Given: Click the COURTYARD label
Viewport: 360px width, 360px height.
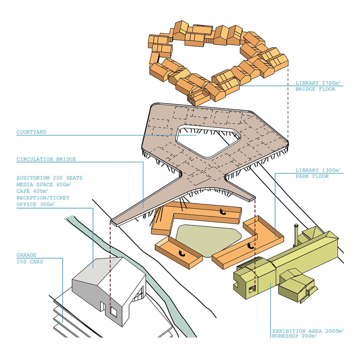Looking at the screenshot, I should [x=31, y=132].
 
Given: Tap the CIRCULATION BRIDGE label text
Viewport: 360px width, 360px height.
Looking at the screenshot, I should [x=46, y=159].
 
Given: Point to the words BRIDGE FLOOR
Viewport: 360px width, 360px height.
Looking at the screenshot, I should [x=315, y=89].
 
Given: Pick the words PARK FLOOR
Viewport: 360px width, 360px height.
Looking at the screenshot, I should [x=312, y=176].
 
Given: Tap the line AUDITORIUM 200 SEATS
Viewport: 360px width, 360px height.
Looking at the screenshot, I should [x=49, y=178].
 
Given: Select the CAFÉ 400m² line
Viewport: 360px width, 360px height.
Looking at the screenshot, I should [x=32, y=191].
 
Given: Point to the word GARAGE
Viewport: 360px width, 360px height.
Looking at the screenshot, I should [x=26, y=255].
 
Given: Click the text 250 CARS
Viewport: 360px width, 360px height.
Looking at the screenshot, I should [x=30, y=261].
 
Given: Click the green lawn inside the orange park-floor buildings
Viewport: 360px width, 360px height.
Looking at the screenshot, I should [x=209, y=239].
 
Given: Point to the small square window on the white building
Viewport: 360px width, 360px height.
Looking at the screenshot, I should [x=113, y=311].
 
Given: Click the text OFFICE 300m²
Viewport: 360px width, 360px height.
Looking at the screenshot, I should [x=36, y=204].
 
